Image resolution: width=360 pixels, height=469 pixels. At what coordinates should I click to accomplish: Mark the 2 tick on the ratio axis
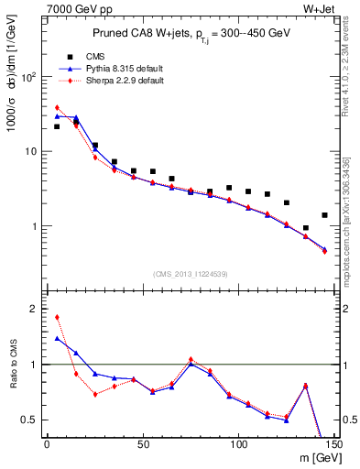click(x=36, y=309)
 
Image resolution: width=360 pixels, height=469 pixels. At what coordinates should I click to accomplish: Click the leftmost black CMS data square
click(x=57, y=126)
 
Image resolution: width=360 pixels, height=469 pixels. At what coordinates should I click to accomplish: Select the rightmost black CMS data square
click(x=324, y=215)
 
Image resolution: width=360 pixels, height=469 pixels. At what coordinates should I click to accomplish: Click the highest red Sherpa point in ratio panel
click(x=57, y=317)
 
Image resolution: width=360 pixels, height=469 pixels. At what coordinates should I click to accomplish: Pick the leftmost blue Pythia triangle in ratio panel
click(x=57, y=338)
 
